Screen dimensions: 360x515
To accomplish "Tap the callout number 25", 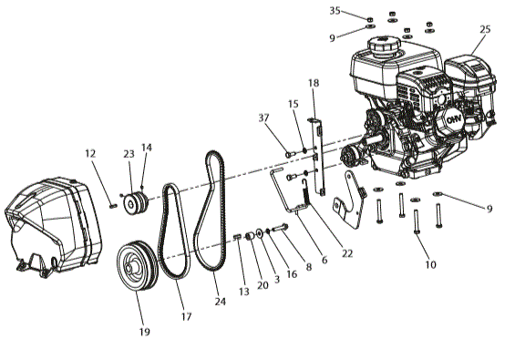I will click(485, 29).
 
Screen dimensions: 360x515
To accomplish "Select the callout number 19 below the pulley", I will click(144, 332).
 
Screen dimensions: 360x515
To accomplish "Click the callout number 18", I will click(314, 83).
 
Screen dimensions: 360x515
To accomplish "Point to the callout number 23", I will click(129, 154).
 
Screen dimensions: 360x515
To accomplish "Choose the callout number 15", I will click(294, 104).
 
